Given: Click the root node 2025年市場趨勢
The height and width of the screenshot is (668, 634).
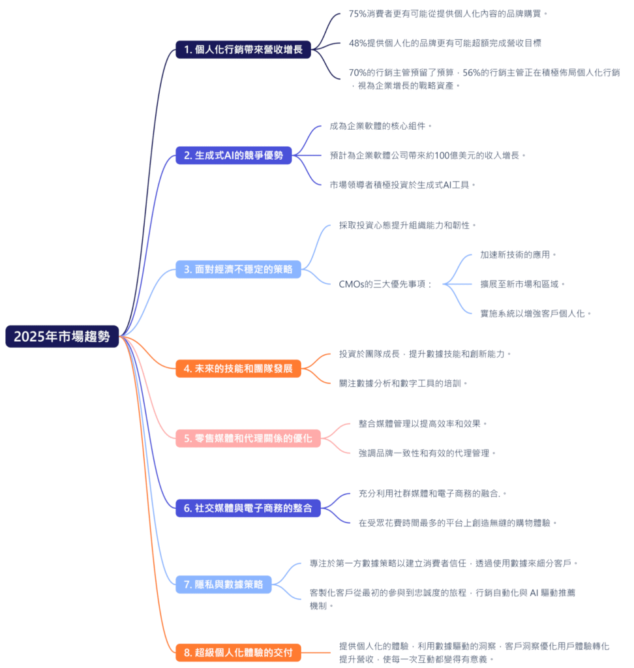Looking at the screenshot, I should click(x=62, y=337).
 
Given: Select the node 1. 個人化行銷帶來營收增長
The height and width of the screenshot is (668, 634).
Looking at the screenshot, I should click(x=243, y=49).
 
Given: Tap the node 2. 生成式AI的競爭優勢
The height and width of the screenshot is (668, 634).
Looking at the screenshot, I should click(x=234, y=155).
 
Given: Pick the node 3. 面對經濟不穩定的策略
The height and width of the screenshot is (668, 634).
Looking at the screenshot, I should click(x=238, y=269).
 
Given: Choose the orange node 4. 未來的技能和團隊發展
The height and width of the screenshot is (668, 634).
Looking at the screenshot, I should click(x=238, y=368).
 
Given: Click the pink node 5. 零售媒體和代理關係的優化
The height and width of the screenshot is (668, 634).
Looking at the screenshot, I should click(x=248, y=438).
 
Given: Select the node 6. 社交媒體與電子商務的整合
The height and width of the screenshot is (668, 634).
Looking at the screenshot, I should click(x=248, y=508).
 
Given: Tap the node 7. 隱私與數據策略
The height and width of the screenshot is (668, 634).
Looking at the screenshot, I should click(x=223, y=584).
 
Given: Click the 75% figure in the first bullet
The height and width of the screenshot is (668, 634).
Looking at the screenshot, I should click(x=358, y=13).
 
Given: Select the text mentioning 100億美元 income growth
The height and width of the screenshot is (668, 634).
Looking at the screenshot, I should click(x=428, y=155).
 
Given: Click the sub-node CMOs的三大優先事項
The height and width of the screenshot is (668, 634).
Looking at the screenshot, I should click(x=385, y=284).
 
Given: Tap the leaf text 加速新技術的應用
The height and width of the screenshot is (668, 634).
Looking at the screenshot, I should click(x=519, y=254).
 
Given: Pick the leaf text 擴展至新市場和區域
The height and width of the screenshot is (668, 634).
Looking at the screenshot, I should click(x=522, y=284).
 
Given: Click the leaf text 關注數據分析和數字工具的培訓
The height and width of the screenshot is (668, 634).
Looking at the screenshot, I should click(x=404, y=383).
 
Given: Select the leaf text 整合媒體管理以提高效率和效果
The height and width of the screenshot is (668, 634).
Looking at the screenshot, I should click(x=423, y=423).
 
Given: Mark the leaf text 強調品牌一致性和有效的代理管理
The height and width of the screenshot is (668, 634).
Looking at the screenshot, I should click(x=427, y=453).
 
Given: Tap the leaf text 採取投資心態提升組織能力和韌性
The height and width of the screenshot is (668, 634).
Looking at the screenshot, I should click(x=408, y=225).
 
